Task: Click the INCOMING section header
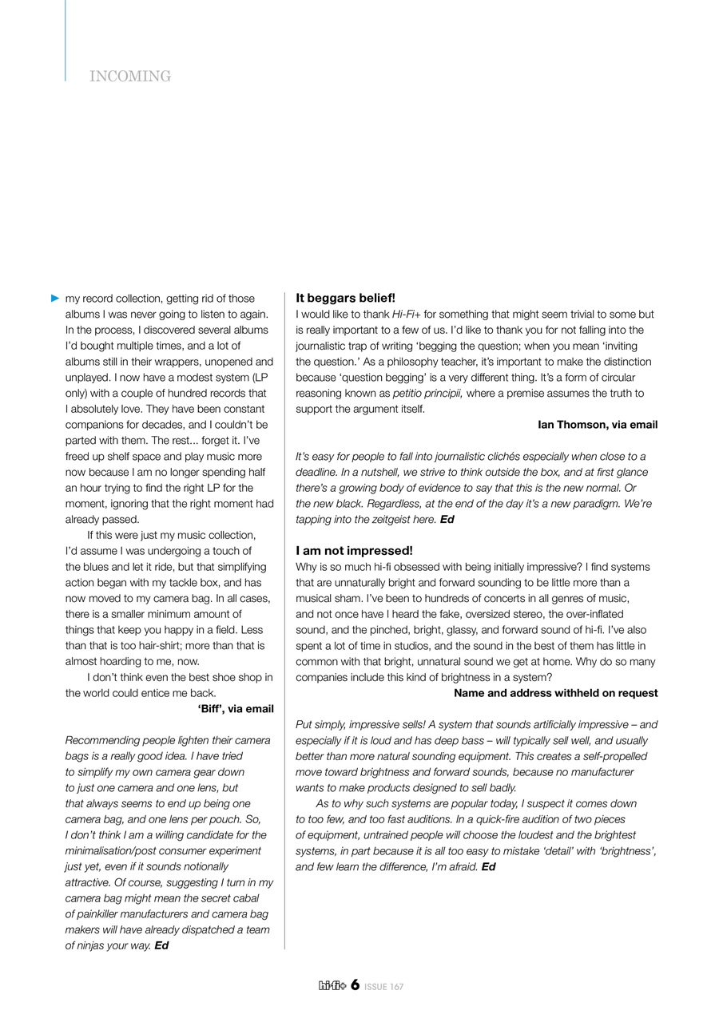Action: click(x=130, y=77)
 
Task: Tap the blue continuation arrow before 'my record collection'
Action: click(x=55, y=299)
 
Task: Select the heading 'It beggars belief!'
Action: click(x=345, y=298)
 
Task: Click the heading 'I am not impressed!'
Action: click(x=354, y=551)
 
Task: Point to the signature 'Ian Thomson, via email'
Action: click(x=598, y=425)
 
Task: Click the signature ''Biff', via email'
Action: click(x=235, y=709)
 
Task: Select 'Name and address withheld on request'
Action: click(x=556, y=693)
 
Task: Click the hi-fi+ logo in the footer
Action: click(x=332, y=986)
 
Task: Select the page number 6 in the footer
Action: click(x=355, y=985)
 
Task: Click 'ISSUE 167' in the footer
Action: click(x=384, y=987)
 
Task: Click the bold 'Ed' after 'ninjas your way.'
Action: click(x=161, y=946)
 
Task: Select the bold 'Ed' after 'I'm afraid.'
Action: click(x=488, y=867)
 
